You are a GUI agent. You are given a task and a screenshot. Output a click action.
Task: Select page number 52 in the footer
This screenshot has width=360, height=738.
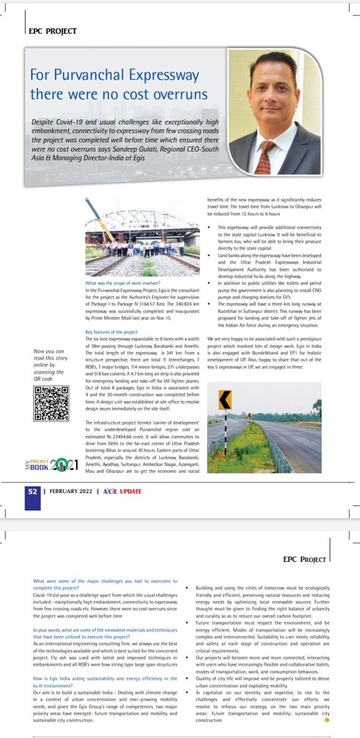[x=32, y=492]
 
